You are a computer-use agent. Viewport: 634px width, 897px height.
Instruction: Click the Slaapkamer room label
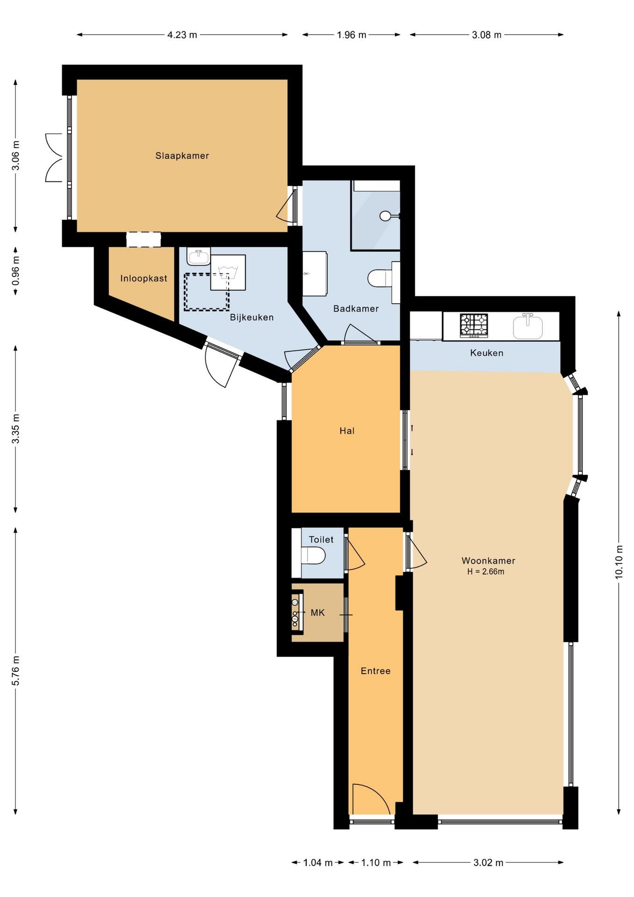pyautogui.click(x=182, y=156)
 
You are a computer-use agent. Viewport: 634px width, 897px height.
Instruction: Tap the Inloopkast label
pyautogui.click(x=144, y=278)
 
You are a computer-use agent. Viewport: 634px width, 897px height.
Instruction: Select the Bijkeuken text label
pyautogui.click(x=252, y=317)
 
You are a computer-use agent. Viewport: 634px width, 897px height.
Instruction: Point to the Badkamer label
pyautogui.click(x=356, y=308)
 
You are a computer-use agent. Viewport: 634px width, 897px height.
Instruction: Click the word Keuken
pyautogui.click(x=486, y=353)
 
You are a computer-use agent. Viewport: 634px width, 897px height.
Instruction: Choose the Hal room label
pyautogui.click(x=347, y=431)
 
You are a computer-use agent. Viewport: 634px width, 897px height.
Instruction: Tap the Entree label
pyautogui.click(x=375, y=671)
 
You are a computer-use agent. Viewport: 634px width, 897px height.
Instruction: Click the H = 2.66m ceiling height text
pyautogui.click(x=486, y=571)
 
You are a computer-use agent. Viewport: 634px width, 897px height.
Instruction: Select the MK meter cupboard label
pyautogui.click(x=317, y=612)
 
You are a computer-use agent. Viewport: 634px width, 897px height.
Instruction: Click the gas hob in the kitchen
pyautogui.click(x=474, y=326)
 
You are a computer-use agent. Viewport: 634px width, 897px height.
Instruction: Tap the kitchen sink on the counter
pyautogui.click(x=528, y=327)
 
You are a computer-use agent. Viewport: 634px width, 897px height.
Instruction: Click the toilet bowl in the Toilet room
pyautogui.click(x=313, y=556)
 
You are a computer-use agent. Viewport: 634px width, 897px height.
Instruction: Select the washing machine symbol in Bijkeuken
pyautogui.click(x=228, y=272)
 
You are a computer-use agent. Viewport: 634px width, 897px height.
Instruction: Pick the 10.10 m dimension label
pyautogui.click(x=619, y=562)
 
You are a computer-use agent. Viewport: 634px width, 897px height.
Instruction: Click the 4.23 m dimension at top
pyautogui.click(x=182, y=35)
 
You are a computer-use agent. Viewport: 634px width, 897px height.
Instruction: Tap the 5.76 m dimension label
pyautogui.click(x=16, y=671)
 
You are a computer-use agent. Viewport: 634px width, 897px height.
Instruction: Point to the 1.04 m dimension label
pyautogui.click(x=318, y=862)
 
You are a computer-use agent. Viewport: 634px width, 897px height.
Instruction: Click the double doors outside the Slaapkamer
pyautogui.click(x=54, y=157)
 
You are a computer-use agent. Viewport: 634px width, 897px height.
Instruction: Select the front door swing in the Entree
pyautogui.click(x=371, y=799)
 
